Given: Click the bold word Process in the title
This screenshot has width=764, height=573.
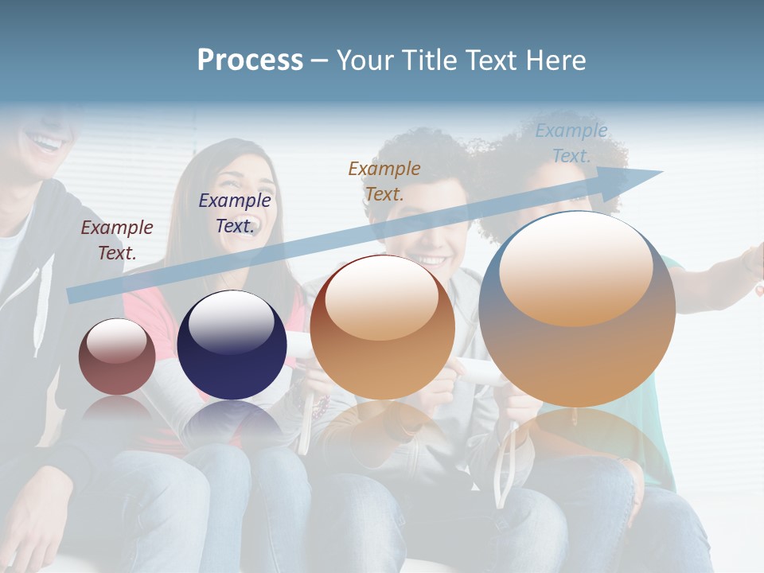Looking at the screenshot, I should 250,60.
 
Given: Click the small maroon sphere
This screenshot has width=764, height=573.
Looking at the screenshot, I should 117,357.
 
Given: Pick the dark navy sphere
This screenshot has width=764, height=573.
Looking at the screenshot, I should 232,345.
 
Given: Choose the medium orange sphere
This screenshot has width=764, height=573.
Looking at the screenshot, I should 382,328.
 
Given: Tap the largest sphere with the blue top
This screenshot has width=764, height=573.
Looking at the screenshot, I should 577,310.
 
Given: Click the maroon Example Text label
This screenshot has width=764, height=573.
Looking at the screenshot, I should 117,240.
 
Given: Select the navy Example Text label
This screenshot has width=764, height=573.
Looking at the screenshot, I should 235,213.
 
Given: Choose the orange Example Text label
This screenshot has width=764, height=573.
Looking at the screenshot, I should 384,181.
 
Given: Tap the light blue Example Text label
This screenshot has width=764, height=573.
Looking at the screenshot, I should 571,143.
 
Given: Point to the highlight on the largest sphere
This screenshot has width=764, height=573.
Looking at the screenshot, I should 576,269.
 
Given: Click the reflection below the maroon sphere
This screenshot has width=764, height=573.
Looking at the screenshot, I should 117,410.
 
